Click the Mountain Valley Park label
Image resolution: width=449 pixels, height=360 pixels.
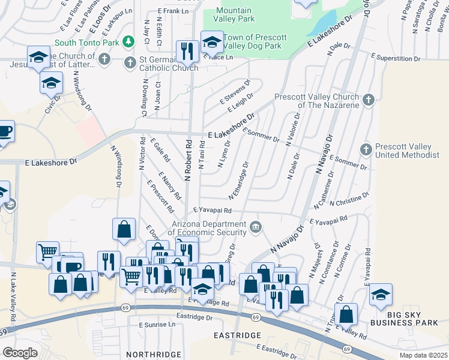point(235,15)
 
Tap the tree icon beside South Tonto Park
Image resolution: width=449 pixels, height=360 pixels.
point(127,41)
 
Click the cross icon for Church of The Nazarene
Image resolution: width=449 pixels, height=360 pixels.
point(369,100)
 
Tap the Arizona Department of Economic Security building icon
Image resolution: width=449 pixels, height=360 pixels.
point(256,227)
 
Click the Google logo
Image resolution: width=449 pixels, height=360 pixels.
point(19,352)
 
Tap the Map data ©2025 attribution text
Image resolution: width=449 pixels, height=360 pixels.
point(423,355)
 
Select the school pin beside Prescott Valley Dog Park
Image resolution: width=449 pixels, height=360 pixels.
point(211,41)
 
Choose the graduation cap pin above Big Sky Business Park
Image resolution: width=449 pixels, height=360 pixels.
point(381,294)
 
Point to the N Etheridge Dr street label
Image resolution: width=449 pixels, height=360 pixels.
point(238,181)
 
